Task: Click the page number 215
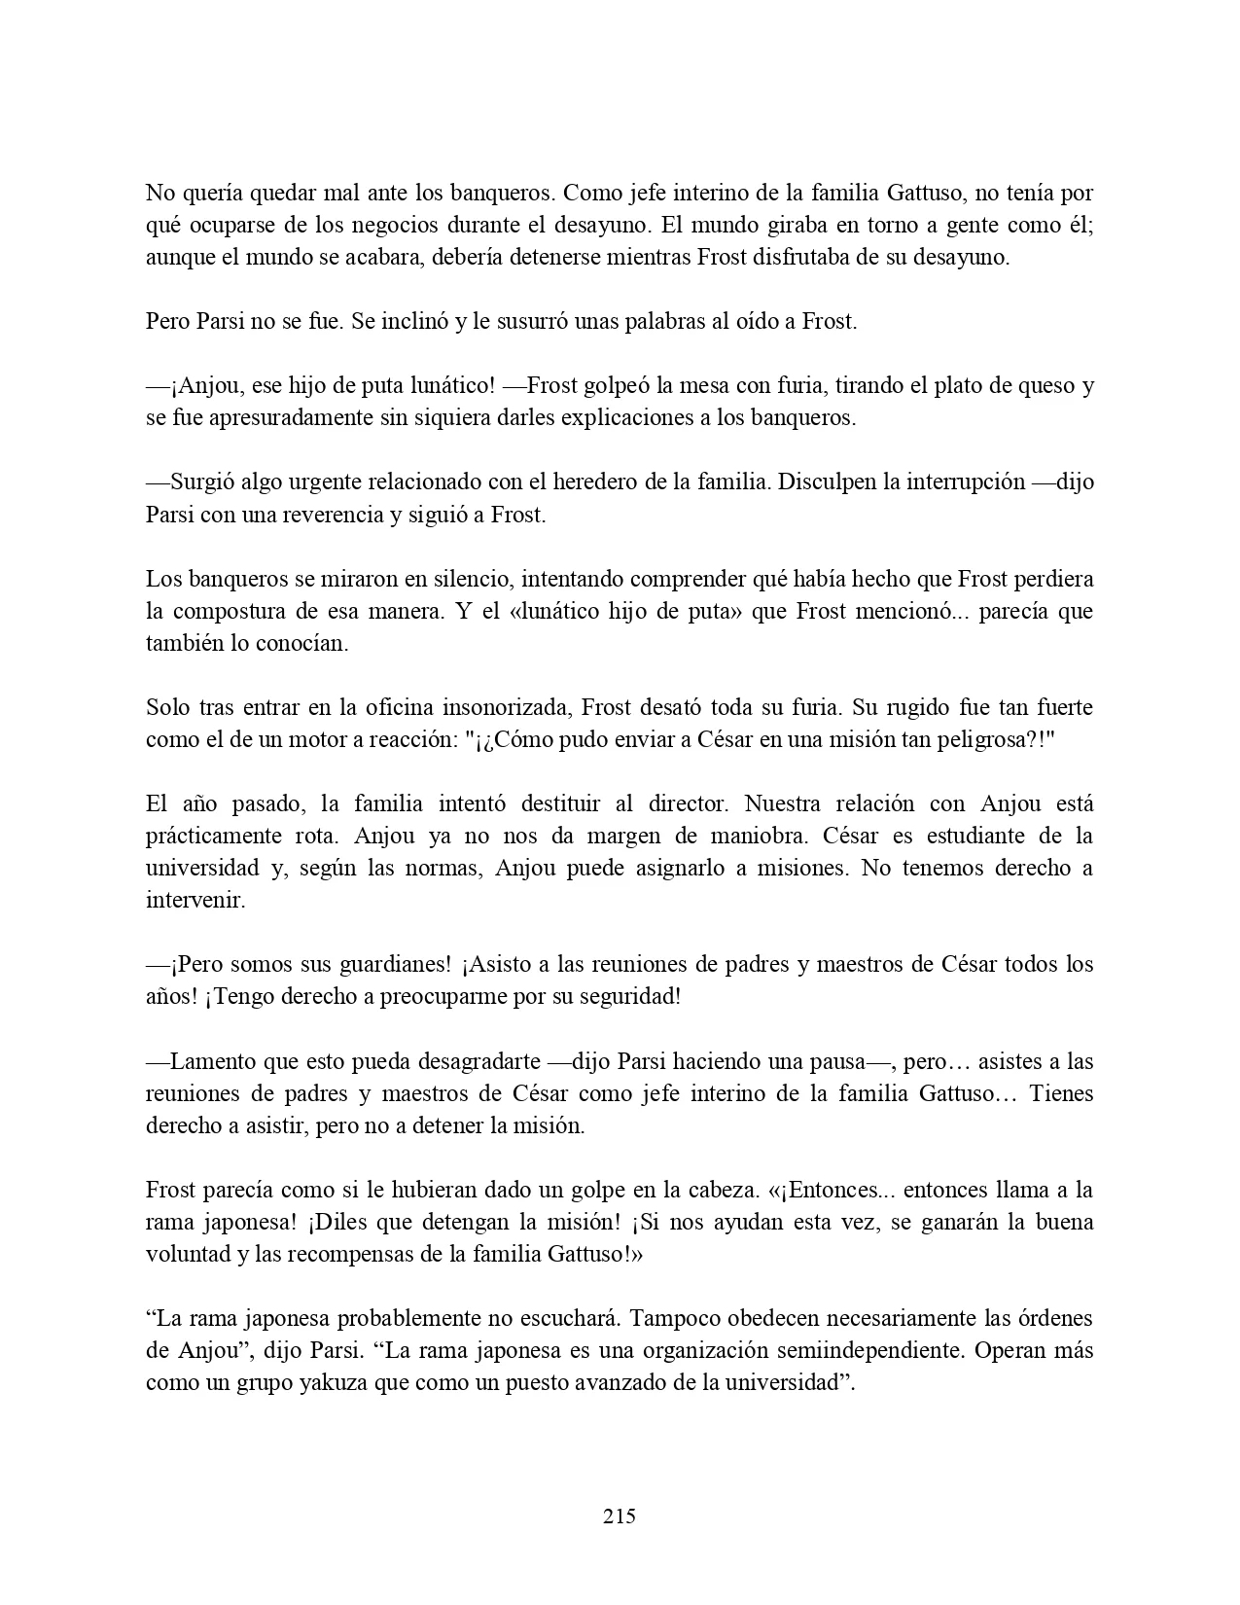point(620,1516)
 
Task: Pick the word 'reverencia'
point(335,515)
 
